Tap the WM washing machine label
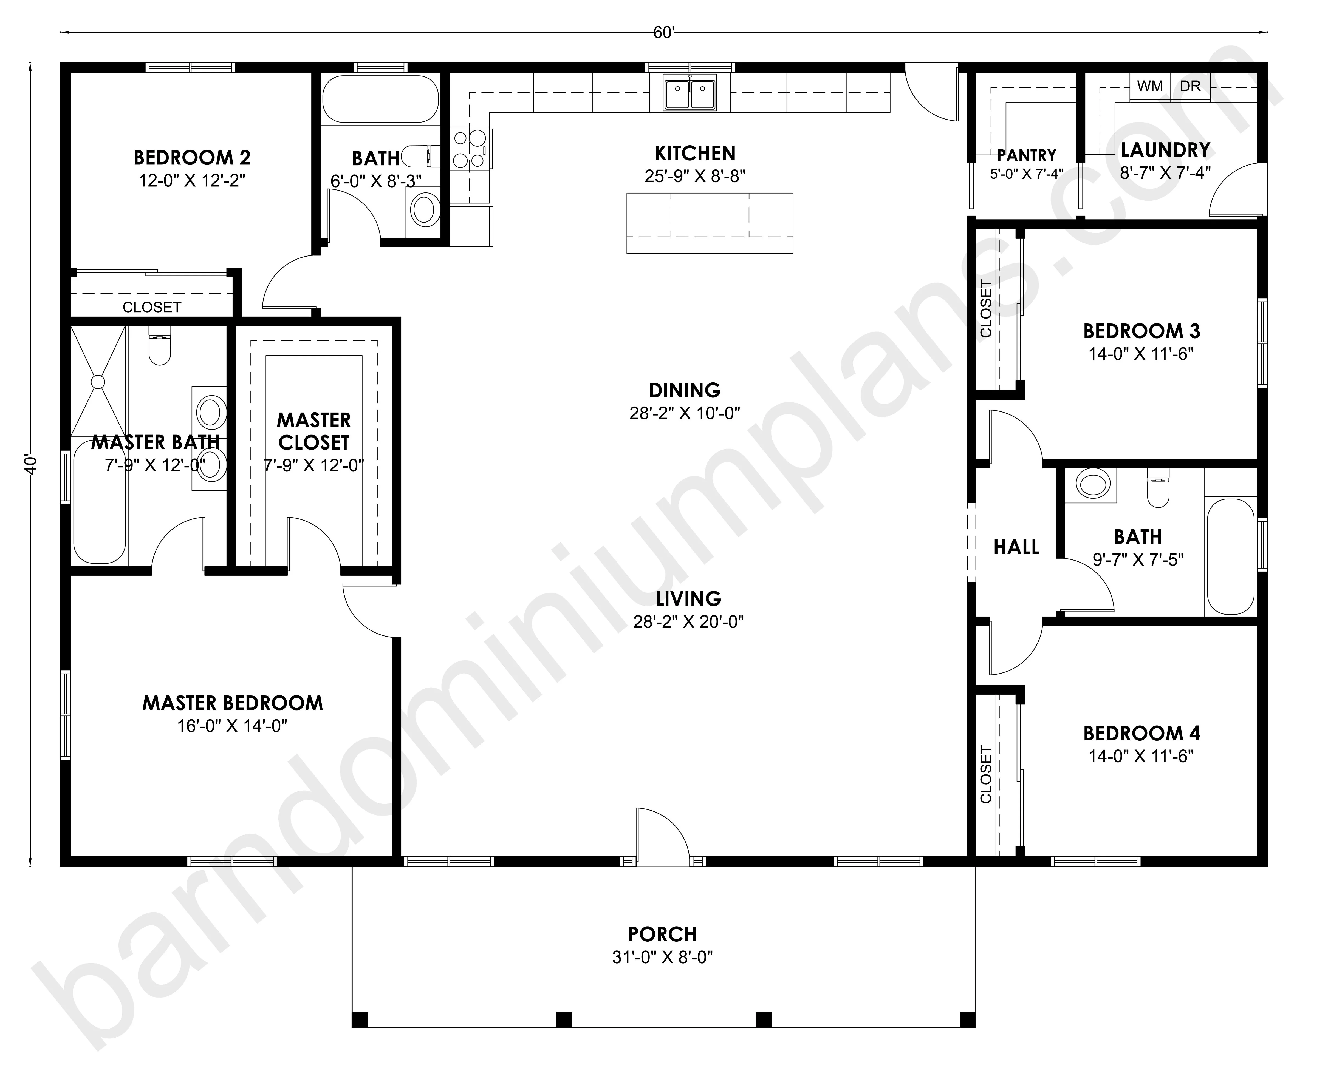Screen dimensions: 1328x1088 pyautogui.click(x=1150, y=87)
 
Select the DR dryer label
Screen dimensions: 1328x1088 pyautogui.click(x=1190, y=87)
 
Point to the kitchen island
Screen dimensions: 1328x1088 pyautogui.click(x=710, y=223)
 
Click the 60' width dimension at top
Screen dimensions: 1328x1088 pyautogui.click(x=663, y=33)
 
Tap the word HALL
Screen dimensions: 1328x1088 pyautogui.click(x=1016, y=547)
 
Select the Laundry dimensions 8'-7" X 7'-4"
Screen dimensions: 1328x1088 pyautogui.click(x=1165, y=172)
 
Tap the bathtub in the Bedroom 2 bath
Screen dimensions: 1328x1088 pyautogui.click(x=381, y=99)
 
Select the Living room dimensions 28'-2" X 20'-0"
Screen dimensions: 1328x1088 pyautogui.click(x=688, y=622)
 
